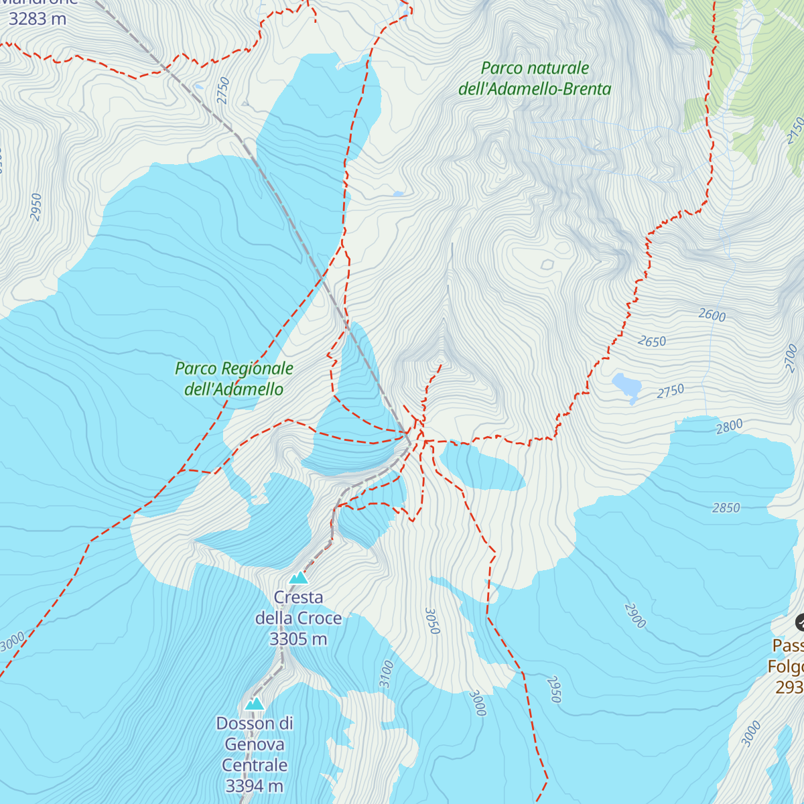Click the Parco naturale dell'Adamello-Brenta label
535,78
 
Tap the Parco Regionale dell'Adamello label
234,379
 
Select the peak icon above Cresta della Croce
298,578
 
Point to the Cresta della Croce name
298,608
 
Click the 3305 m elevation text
298,639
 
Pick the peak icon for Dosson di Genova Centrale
254,703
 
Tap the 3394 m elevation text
254,786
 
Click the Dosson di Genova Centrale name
254,744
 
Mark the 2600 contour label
712,315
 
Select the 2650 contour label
652,342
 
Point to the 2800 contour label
729,426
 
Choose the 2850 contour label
726,508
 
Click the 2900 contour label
634,616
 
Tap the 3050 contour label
433,621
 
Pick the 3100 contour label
386,674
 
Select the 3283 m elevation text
38,19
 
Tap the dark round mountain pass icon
800,622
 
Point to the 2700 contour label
793,358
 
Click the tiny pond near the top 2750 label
198,86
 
